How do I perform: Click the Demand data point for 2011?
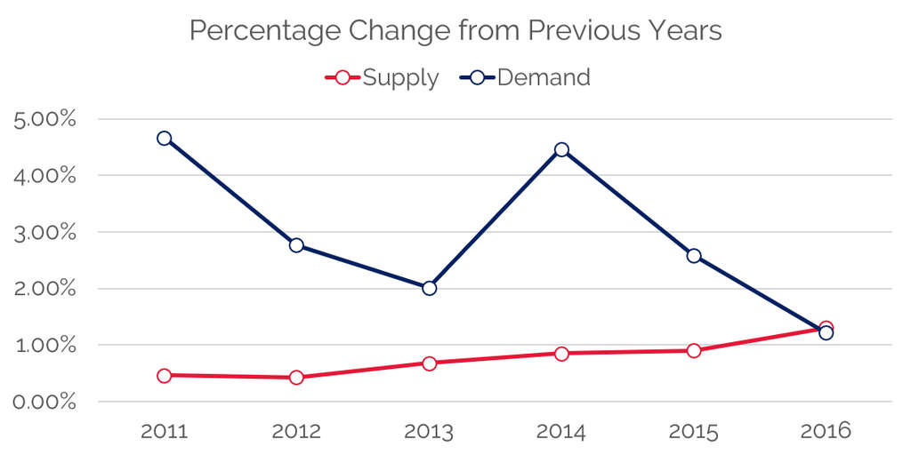164,139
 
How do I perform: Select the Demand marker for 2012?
296,245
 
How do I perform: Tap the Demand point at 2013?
429,288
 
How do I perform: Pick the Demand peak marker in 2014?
561,149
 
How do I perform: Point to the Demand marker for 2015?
694,256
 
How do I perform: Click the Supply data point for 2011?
164,376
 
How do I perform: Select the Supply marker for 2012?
296,378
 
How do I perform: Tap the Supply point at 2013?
429,363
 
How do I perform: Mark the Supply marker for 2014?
561,354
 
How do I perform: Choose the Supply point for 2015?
694,351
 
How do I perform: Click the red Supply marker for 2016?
826,328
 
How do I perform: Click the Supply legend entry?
383,78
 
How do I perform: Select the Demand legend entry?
525,78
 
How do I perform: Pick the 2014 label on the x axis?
561,432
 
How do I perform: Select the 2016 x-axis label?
826,432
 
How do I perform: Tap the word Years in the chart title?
683,32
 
